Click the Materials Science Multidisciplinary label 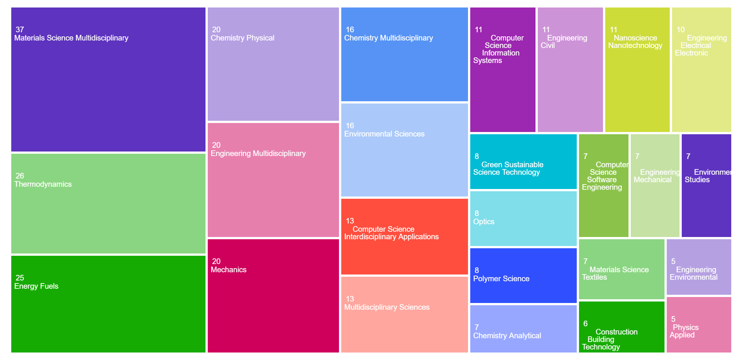[x=71, y=38]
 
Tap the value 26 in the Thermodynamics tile [x=20, y=175]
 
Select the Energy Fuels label [x=36, y=286]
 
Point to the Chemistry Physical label [x=243, y=38]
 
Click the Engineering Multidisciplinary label [x=258, y=153]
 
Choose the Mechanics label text [x=228, y=270]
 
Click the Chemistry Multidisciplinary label [x=388, y=38]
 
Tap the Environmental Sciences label [x=384, y=134]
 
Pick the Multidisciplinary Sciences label [x=387, y=307]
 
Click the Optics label [x=484, y=222]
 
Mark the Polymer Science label [x=501, y=279]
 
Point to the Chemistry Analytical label [x=507, y=336]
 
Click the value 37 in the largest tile [x=20, y=29]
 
